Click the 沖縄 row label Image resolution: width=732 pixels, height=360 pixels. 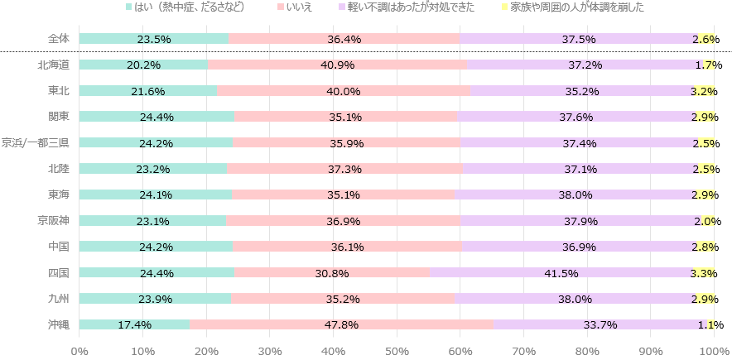click(58, 324)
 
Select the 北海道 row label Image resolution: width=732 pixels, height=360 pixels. click(54, 65)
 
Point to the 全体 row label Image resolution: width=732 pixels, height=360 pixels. click(58, 39)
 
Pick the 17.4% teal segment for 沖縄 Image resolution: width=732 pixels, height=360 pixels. click(134, 324)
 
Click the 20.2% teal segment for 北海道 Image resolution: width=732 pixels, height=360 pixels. click(143, 65)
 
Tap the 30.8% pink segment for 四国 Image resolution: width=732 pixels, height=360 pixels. click(331, 272)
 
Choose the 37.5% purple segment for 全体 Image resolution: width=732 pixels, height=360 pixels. click(579, 39)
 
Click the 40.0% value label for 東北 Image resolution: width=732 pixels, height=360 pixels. click(344, 91)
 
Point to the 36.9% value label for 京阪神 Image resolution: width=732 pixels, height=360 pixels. click(344, 221)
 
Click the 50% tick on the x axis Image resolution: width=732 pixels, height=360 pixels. click(397, 351)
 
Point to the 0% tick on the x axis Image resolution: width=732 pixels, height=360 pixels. click(79, 351)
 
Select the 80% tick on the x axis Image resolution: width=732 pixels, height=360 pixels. click(588, 351)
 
